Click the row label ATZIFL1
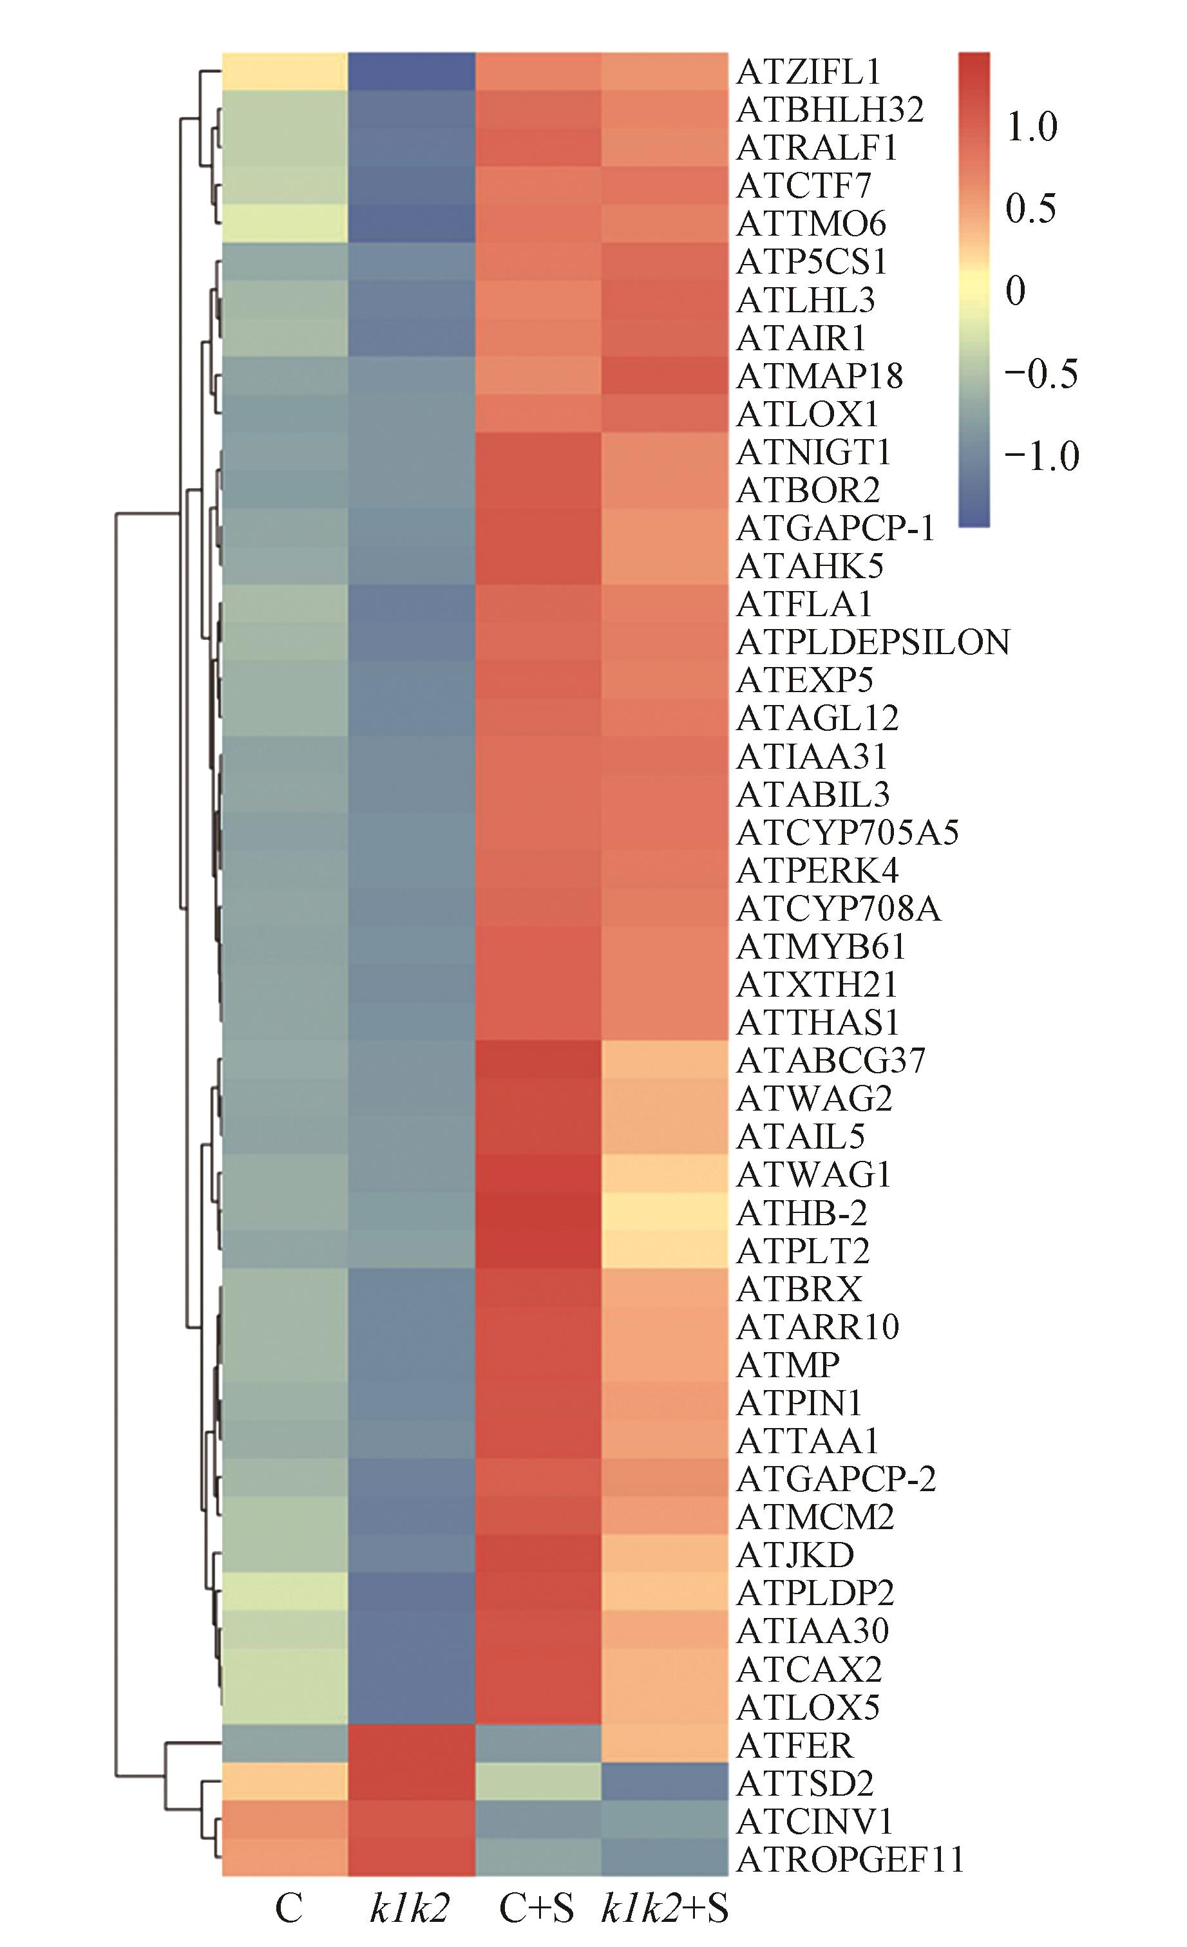coord(808,72)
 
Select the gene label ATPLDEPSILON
coord(873,643)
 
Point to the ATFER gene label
coord(793,1745)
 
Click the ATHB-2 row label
coord(801,1212)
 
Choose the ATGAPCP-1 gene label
coord(835,528)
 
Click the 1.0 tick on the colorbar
coord(1031,126)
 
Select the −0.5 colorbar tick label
coord(1041,373)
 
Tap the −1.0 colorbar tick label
coord(1041,456)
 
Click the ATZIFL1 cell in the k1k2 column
coord(412,72)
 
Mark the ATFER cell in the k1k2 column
coord(412,1745)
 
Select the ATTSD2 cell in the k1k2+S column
coord(665,1783)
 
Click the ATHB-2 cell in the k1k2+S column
coord(665,1212)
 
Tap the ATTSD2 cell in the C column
coord(285,1783)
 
